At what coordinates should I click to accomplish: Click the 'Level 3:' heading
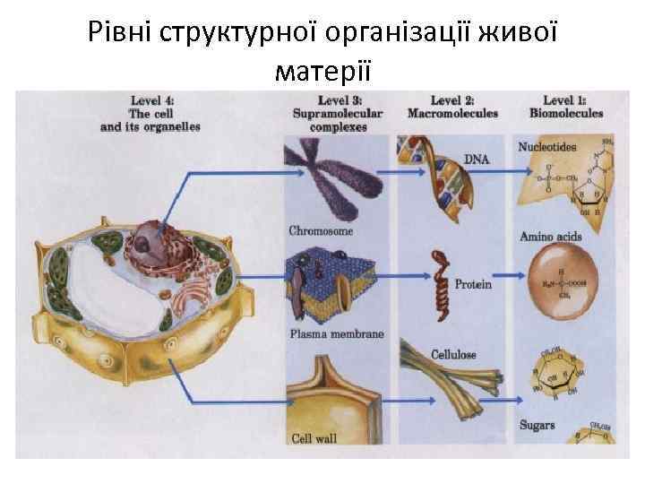(x=338, y=101)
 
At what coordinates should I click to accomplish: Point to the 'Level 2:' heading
(x=451, y=101)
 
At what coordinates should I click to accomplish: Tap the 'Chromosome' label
(x=321, y=231)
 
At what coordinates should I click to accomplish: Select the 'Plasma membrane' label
(x=336, y=334)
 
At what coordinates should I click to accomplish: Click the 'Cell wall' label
(x=314, y=439)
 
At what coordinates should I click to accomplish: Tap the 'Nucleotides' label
(x=546, y=146)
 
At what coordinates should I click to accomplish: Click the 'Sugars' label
(x=537, y=425)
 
